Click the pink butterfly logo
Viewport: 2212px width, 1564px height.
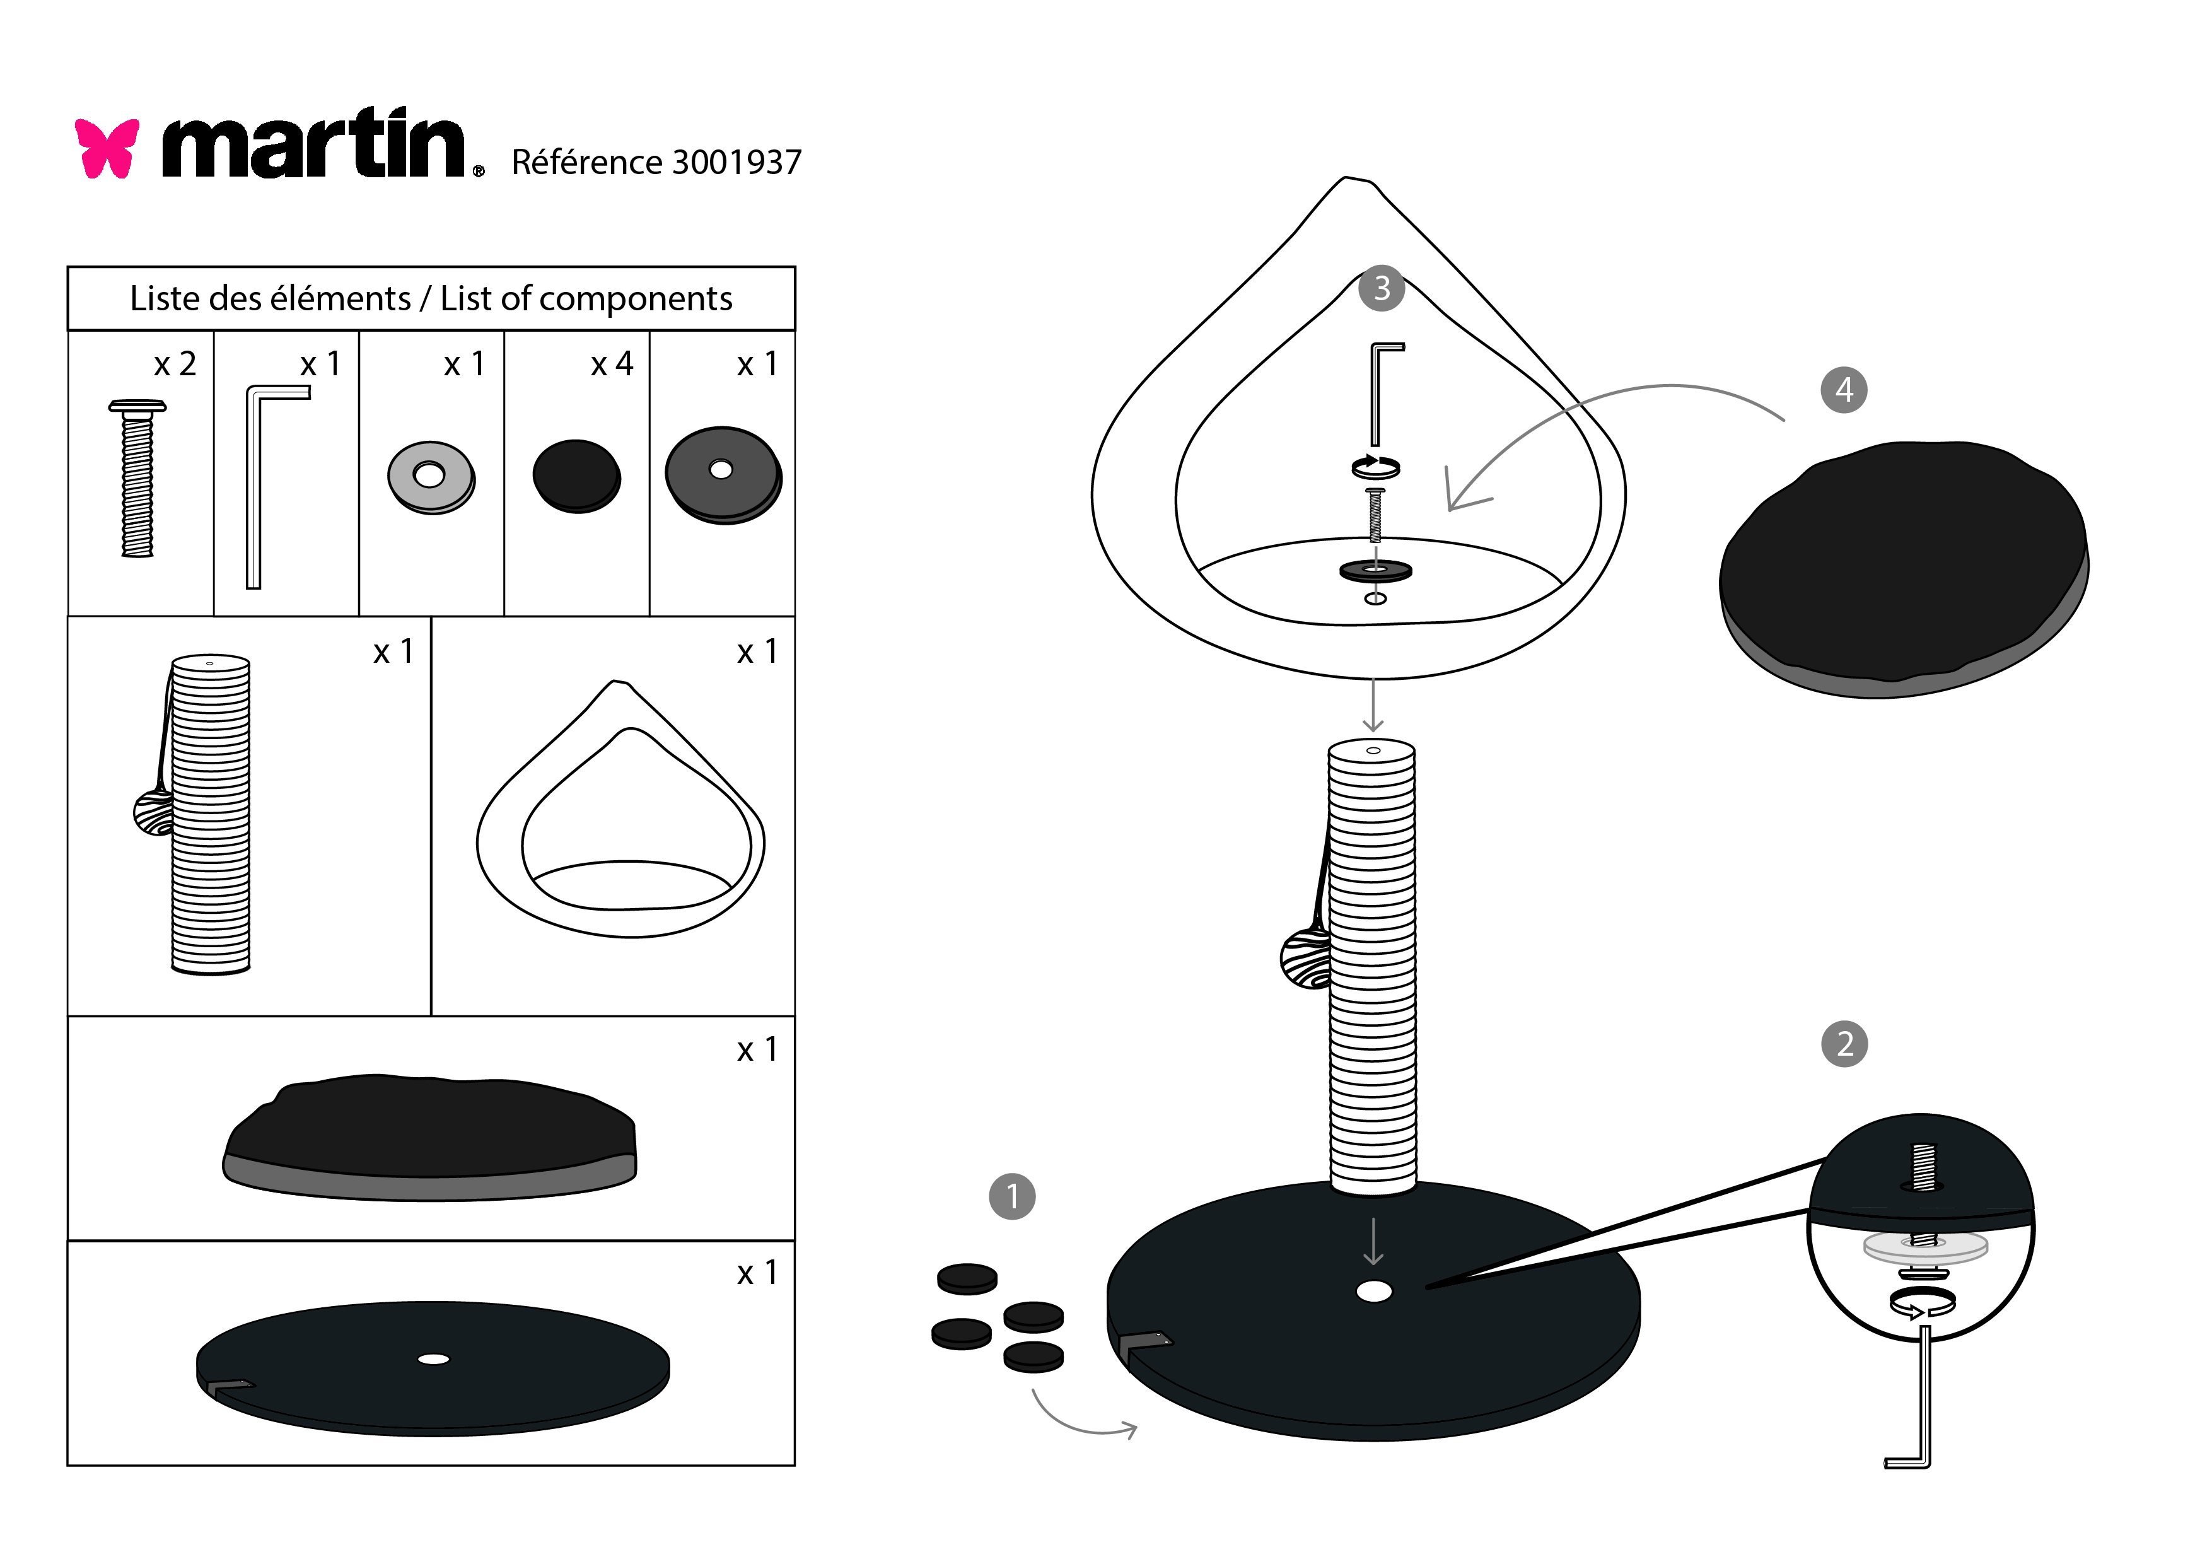(107, 148)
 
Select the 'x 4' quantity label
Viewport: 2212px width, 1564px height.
(612, 365)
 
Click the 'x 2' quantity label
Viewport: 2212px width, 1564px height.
(175, 365)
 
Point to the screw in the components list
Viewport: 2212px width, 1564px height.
(137, 478)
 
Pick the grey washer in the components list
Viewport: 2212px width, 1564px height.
(431, 476)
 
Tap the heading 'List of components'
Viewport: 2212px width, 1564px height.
(586, 299)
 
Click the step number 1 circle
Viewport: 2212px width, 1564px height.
(1011, 1197)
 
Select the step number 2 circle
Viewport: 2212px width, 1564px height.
(1844, 1044)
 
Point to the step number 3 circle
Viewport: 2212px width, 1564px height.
(1382, 288)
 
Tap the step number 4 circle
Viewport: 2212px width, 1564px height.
(1844, 390)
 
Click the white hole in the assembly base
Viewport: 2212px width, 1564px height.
(1374, 1292)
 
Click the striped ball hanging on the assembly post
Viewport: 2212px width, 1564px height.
(1305, 958)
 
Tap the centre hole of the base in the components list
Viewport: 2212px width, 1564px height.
(434, 1359)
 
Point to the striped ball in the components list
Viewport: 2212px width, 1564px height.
(153, 812)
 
